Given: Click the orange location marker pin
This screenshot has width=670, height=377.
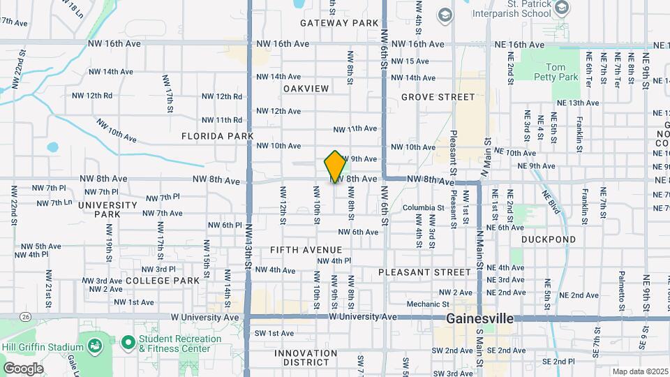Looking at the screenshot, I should click(335, 166).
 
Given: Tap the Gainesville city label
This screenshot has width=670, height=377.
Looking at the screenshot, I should click(480, 318).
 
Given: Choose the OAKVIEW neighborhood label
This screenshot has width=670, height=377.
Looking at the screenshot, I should click(306, 89).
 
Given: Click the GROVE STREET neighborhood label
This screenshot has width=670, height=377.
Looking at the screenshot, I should click(438, 97).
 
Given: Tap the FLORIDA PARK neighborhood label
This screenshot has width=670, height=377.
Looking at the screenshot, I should click(216, 136).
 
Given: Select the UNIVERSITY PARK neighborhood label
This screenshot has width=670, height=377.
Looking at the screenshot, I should click(107, 210).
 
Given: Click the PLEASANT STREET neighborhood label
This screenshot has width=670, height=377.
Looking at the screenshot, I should click(425, 272).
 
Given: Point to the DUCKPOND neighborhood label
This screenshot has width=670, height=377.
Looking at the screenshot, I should click(549, 239).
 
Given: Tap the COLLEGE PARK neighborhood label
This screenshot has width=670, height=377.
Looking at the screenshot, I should click(163, 281).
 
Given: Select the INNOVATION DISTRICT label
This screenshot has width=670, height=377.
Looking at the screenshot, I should click(311, 357).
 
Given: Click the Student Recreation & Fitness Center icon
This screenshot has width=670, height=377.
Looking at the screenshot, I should click(128, 343).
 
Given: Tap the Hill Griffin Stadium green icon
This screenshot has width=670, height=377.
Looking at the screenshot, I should click(93, 346).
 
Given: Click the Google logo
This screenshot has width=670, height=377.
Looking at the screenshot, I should click(23, 368).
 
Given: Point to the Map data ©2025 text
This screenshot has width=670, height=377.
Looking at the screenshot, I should click(639, 371).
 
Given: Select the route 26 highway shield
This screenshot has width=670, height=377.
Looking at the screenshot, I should click(26, 317).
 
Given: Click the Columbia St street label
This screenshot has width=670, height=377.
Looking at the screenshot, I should click(422, 208).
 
